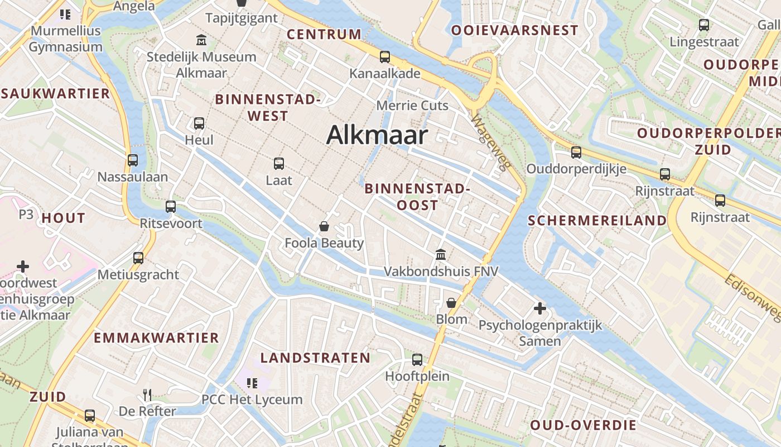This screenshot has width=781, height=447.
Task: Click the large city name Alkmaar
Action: (377, 135)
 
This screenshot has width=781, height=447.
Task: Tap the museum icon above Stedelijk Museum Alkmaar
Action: (201, 40)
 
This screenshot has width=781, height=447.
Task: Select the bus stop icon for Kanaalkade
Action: (384, 56)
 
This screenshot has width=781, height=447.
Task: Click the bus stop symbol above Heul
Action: (199, 123)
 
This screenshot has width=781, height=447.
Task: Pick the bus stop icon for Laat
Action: (279, 163)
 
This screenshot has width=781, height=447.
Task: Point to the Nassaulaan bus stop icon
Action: (133, 160)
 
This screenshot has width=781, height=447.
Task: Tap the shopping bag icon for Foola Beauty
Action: (324, 226)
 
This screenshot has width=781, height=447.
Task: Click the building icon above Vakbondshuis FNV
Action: (441, 255)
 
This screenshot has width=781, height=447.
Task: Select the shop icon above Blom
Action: (451, 303)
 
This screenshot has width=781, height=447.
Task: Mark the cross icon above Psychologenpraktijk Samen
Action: (539, 308)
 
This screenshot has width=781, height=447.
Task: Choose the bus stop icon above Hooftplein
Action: (417, 359)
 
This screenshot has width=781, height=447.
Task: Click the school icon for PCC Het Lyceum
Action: (252, 383)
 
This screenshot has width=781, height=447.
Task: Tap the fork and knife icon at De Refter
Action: (147, 394)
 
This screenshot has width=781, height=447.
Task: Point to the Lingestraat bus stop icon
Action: (704, 25)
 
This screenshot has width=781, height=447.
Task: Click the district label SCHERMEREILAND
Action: (597, 220)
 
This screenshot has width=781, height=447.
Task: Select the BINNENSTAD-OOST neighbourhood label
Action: (417, 197)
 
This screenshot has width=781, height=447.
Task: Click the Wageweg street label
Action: (490, 142)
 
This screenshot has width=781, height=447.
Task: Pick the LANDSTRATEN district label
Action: (315, 358)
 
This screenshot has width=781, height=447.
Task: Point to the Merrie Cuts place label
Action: (412, 105)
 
